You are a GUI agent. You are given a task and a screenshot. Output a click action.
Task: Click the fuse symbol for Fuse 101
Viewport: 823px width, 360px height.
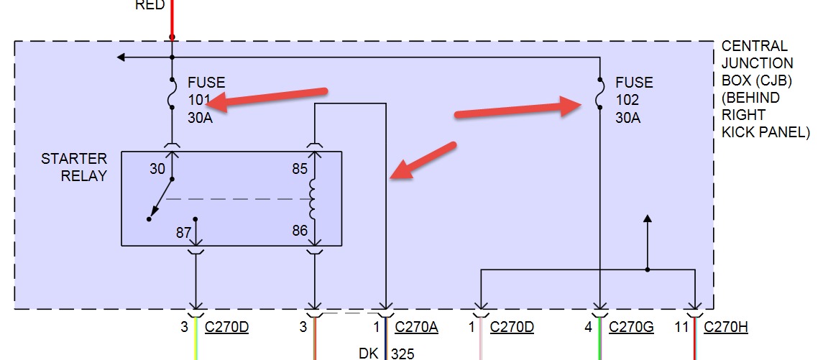[x=172, y=94]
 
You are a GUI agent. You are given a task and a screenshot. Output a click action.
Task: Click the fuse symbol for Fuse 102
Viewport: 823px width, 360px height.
[x=599, y=94]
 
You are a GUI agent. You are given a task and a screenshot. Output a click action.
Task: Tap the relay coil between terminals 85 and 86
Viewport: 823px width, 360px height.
[x=313, y=199]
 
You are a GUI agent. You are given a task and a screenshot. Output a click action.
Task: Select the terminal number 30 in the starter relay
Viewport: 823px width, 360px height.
[x=157, y=170]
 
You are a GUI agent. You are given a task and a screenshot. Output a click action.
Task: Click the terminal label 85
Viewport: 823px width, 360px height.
[x=300, y=170]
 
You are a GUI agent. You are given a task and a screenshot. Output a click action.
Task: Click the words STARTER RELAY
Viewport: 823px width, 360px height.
[x=74, y=167]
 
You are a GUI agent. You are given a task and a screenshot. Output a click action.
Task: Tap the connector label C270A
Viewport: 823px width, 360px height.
[x=417, y=327]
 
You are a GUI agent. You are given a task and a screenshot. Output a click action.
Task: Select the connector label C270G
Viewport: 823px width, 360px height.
[x=631, y=327]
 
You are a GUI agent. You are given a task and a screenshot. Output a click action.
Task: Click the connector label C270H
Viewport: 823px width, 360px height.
[x=726, y=327]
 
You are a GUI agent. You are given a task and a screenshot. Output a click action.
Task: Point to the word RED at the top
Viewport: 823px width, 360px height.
[x=150, y=6]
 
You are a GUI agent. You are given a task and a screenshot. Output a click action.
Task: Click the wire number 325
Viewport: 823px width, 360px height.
[x=403, y=353]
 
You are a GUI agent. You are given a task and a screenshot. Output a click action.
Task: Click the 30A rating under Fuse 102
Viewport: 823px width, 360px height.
[x=627, y=117]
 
